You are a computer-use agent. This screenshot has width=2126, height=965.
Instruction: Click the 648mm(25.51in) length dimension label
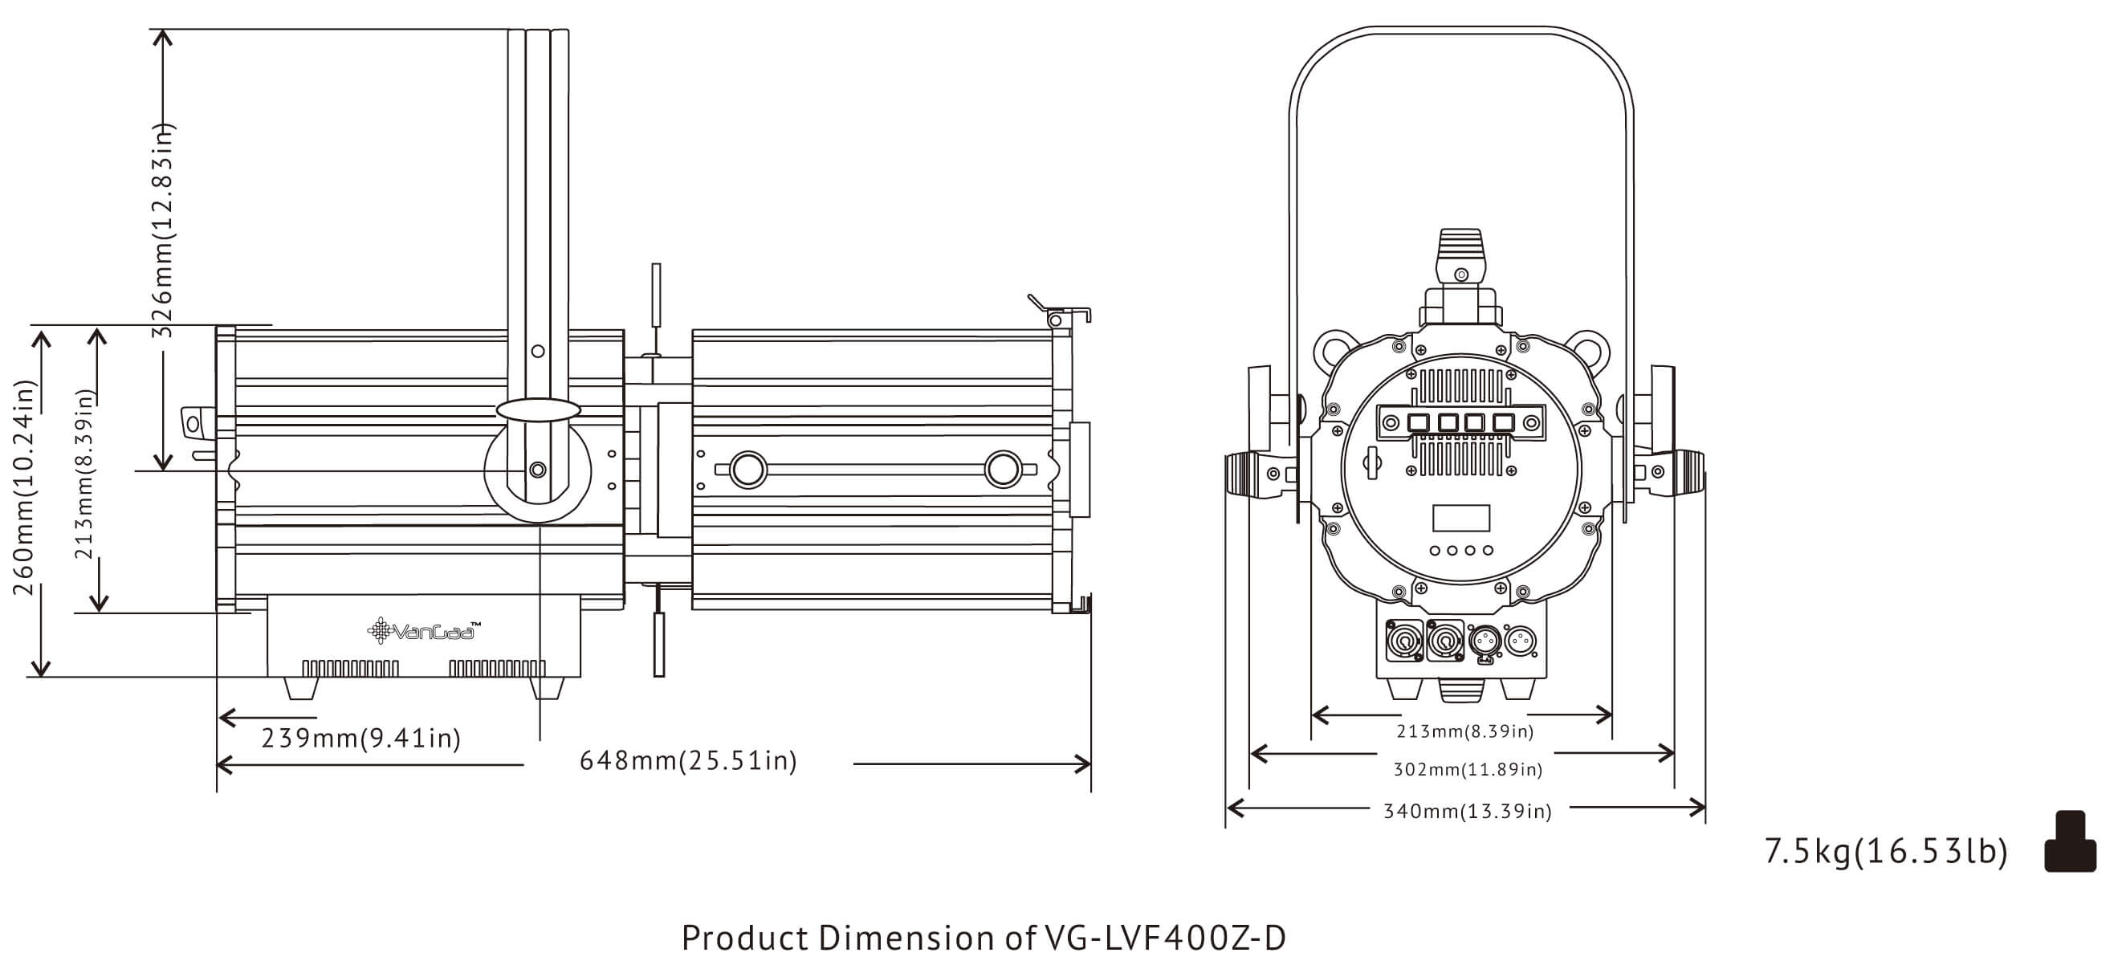coord(687,760)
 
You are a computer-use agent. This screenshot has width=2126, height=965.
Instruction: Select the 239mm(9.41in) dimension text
coord(360,737)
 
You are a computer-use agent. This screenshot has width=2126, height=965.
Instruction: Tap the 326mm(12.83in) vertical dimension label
coord(164,230)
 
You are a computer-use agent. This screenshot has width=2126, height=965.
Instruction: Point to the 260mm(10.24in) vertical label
coord(24,487)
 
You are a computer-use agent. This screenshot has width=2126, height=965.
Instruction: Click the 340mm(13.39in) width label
coord(1467,812)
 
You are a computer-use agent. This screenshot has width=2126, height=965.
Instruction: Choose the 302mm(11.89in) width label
coord(1468,769)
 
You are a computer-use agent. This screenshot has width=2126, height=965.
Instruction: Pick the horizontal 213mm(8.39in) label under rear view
coord(1464,731)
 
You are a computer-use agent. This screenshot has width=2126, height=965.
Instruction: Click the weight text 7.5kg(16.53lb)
coord(1885,851)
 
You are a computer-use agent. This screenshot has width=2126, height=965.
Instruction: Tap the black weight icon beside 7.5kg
coord(2069,842)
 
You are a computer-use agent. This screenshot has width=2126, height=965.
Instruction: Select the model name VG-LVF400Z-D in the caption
coord(1164,939)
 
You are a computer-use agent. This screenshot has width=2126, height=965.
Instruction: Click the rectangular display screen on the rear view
coord(1460,518)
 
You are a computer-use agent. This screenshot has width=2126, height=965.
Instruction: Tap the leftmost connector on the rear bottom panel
coord(1403,641)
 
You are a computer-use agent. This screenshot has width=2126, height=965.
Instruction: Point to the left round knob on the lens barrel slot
coord(747,470)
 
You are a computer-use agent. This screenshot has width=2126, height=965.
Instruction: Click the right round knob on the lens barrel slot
coord(1003,469)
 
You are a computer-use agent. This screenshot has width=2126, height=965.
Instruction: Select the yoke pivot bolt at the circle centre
coord(537,470)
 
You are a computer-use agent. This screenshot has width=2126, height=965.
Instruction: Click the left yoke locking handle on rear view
coord(1254,474)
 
